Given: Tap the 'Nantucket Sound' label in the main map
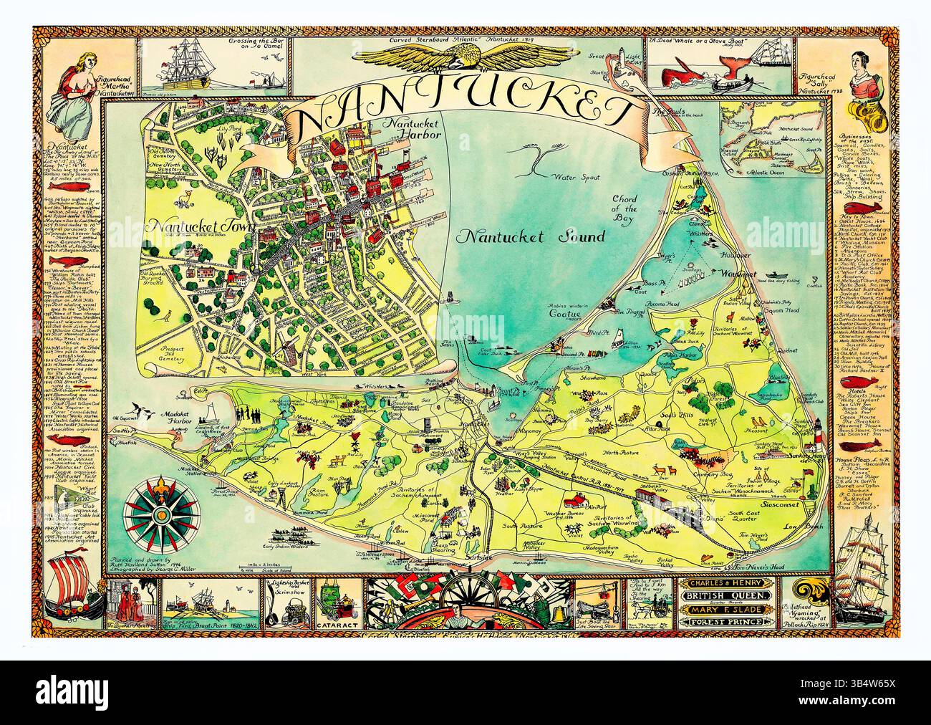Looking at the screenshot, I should pyautogui.click(x=532, y=236).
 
